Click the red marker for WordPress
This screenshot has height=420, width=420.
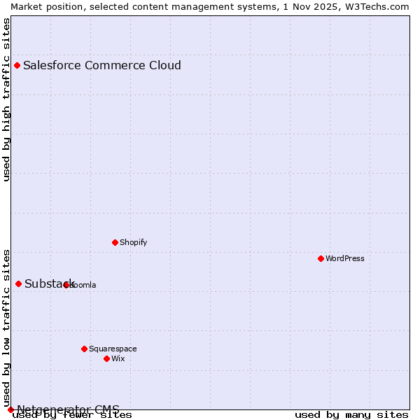pos(321,258)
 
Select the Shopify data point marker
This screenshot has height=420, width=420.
pos(115,242)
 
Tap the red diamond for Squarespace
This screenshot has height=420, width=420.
pos(84,349)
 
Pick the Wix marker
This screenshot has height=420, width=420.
pos(106,358)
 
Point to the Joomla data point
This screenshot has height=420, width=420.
pos(66,285)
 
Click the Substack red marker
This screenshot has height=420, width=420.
pos(18,283)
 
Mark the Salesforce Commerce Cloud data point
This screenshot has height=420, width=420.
pos(17,66)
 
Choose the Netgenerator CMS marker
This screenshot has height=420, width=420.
pos(10,409)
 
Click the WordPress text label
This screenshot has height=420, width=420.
pos(345,258)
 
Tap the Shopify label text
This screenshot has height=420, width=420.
pos(133,242)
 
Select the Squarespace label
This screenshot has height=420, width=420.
pos(113,349)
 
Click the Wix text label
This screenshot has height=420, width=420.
pos(118,358)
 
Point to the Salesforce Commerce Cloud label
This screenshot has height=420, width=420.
pos(102,66)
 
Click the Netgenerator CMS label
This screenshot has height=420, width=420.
pos(68,409)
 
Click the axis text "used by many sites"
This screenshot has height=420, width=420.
pos(351,415)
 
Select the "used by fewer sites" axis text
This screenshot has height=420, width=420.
pos(72,415)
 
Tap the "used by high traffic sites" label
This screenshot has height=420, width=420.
pos(7,99)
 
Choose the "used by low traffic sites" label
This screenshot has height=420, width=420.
pos(7,323)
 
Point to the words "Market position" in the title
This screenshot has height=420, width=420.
pos(42,6)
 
